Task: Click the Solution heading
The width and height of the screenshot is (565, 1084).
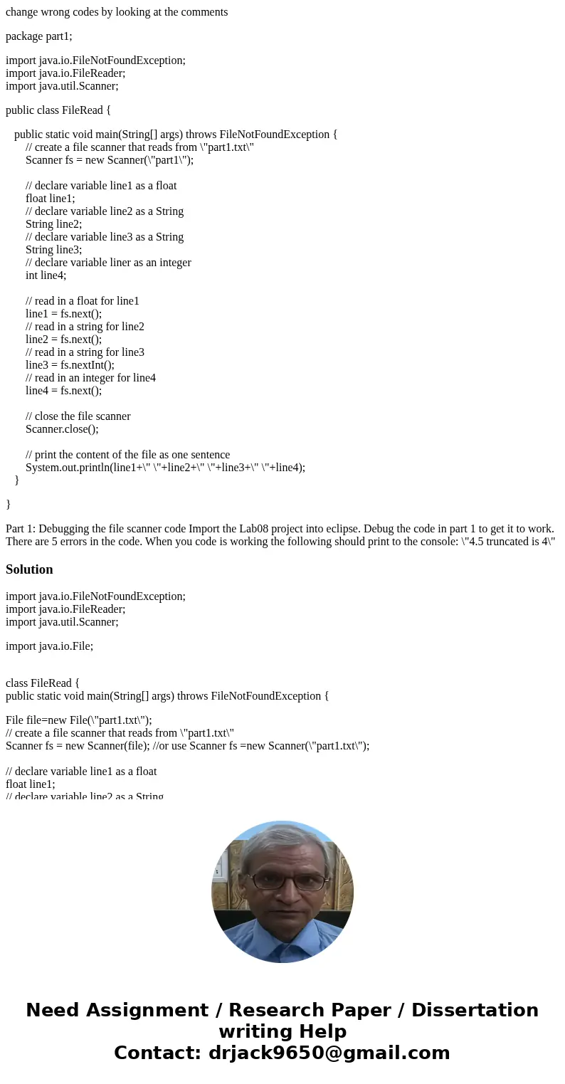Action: point(29,569)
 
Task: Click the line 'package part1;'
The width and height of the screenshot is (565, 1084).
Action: point(39,36)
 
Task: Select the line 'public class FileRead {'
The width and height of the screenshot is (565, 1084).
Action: point(58,110)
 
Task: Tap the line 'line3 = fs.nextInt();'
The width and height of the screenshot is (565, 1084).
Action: point(70,365)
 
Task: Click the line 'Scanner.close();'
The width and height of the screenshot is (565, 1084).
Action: point(62,429)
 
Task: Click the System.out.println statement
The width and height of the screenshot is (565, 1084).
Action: point(165,468)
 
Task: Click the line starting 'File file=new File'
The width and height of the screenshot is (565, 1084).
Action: point(78,720)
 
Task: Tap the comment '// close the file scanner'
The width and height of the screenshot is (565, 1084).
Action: point(78,416)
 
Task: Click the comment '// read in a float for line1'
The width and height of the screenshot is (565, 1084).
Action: point(83,301)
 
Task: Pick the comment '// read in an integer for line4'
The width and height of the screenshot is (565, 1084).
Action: point(90,378)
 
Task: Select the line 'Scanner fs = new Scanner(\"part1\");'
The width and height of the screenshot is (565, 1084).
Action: point(110,160)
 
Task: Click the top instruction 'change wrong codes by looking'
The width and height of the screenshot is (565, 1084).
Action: point(117,12)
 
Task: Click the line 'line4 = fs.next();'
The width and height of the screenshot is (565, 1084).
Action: point(63,391)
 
